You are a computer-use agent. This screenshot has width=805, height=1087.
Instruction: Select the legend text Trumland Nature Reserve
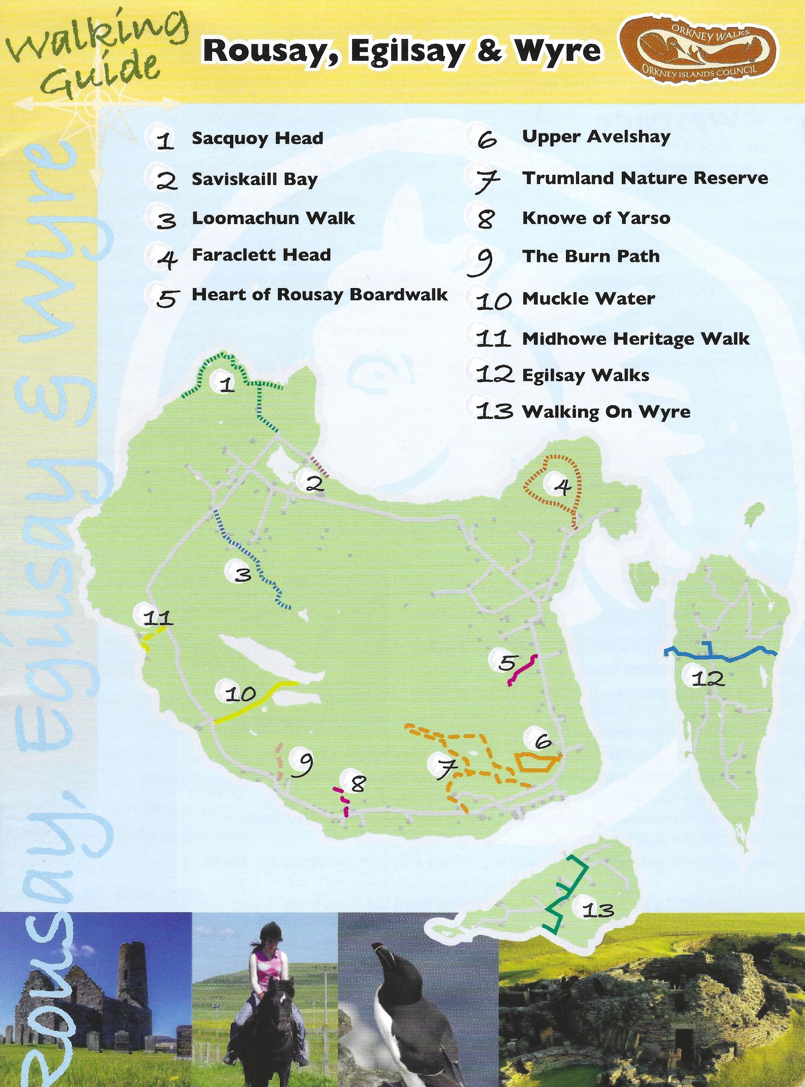[645, 178]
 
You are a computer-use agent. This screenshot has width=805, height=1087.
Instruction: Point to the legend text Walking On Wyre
[606, 412]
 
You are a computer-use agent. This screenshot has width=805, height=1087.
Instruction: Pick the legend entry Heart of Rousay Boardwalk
[319, 294]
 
